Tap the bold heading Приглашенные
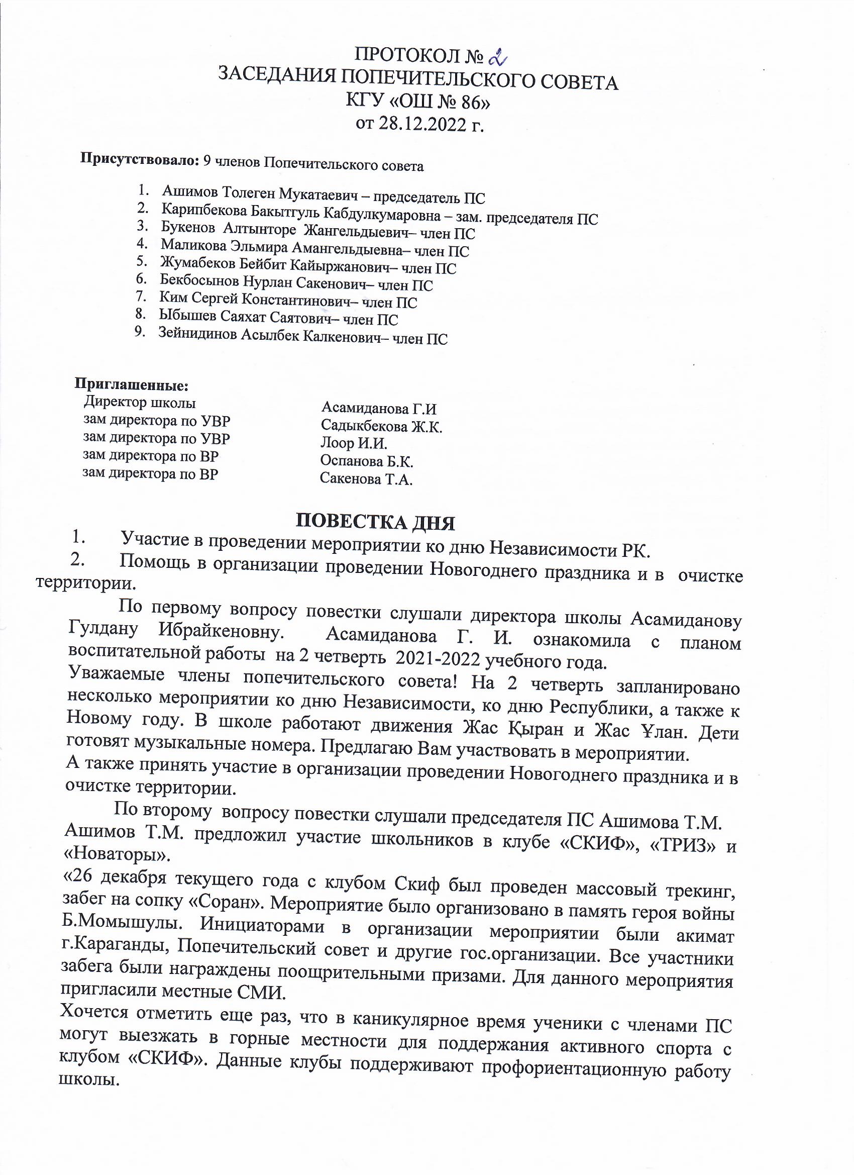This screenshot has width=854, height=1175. coord(132,385)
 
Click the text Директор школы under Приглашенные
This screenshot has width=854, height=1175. coord(140,403)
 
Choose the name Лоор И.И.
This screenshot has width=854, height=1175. coord(354,443)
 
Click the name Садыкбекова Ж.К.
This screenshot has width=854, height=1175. coord(381,426)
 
